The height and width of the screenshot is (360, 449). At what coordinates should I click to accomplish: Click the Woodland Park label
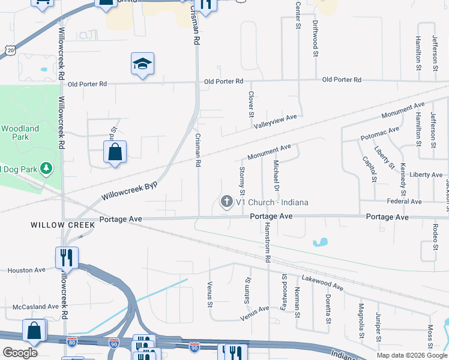[20, 133]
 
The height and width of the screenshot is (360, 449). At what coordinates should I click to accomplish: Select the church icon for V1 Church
[227, 202]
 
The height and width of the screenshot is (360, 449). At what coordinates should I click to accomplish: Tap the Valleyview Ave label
[276, 121]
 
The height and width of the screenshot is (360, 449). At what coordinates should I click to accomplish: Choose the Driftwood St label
[315, 38]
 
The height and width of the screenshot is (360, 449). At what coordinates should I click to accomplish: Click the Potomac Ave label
[380, 133]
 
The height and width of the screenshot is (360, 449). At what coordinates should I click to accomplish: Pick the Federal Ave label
[405, 201]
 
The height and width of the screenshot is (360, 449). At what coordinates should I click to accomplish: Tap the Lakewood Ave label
[322, 283]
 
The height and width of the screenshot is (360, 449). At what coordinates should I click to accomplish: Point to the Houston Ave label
[26, 270]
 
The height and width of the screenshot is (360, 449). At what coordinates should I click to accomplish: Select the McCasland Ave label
[35, 307]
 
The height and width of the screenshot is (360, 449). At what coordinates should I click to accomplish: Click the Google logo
[20, 352]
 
